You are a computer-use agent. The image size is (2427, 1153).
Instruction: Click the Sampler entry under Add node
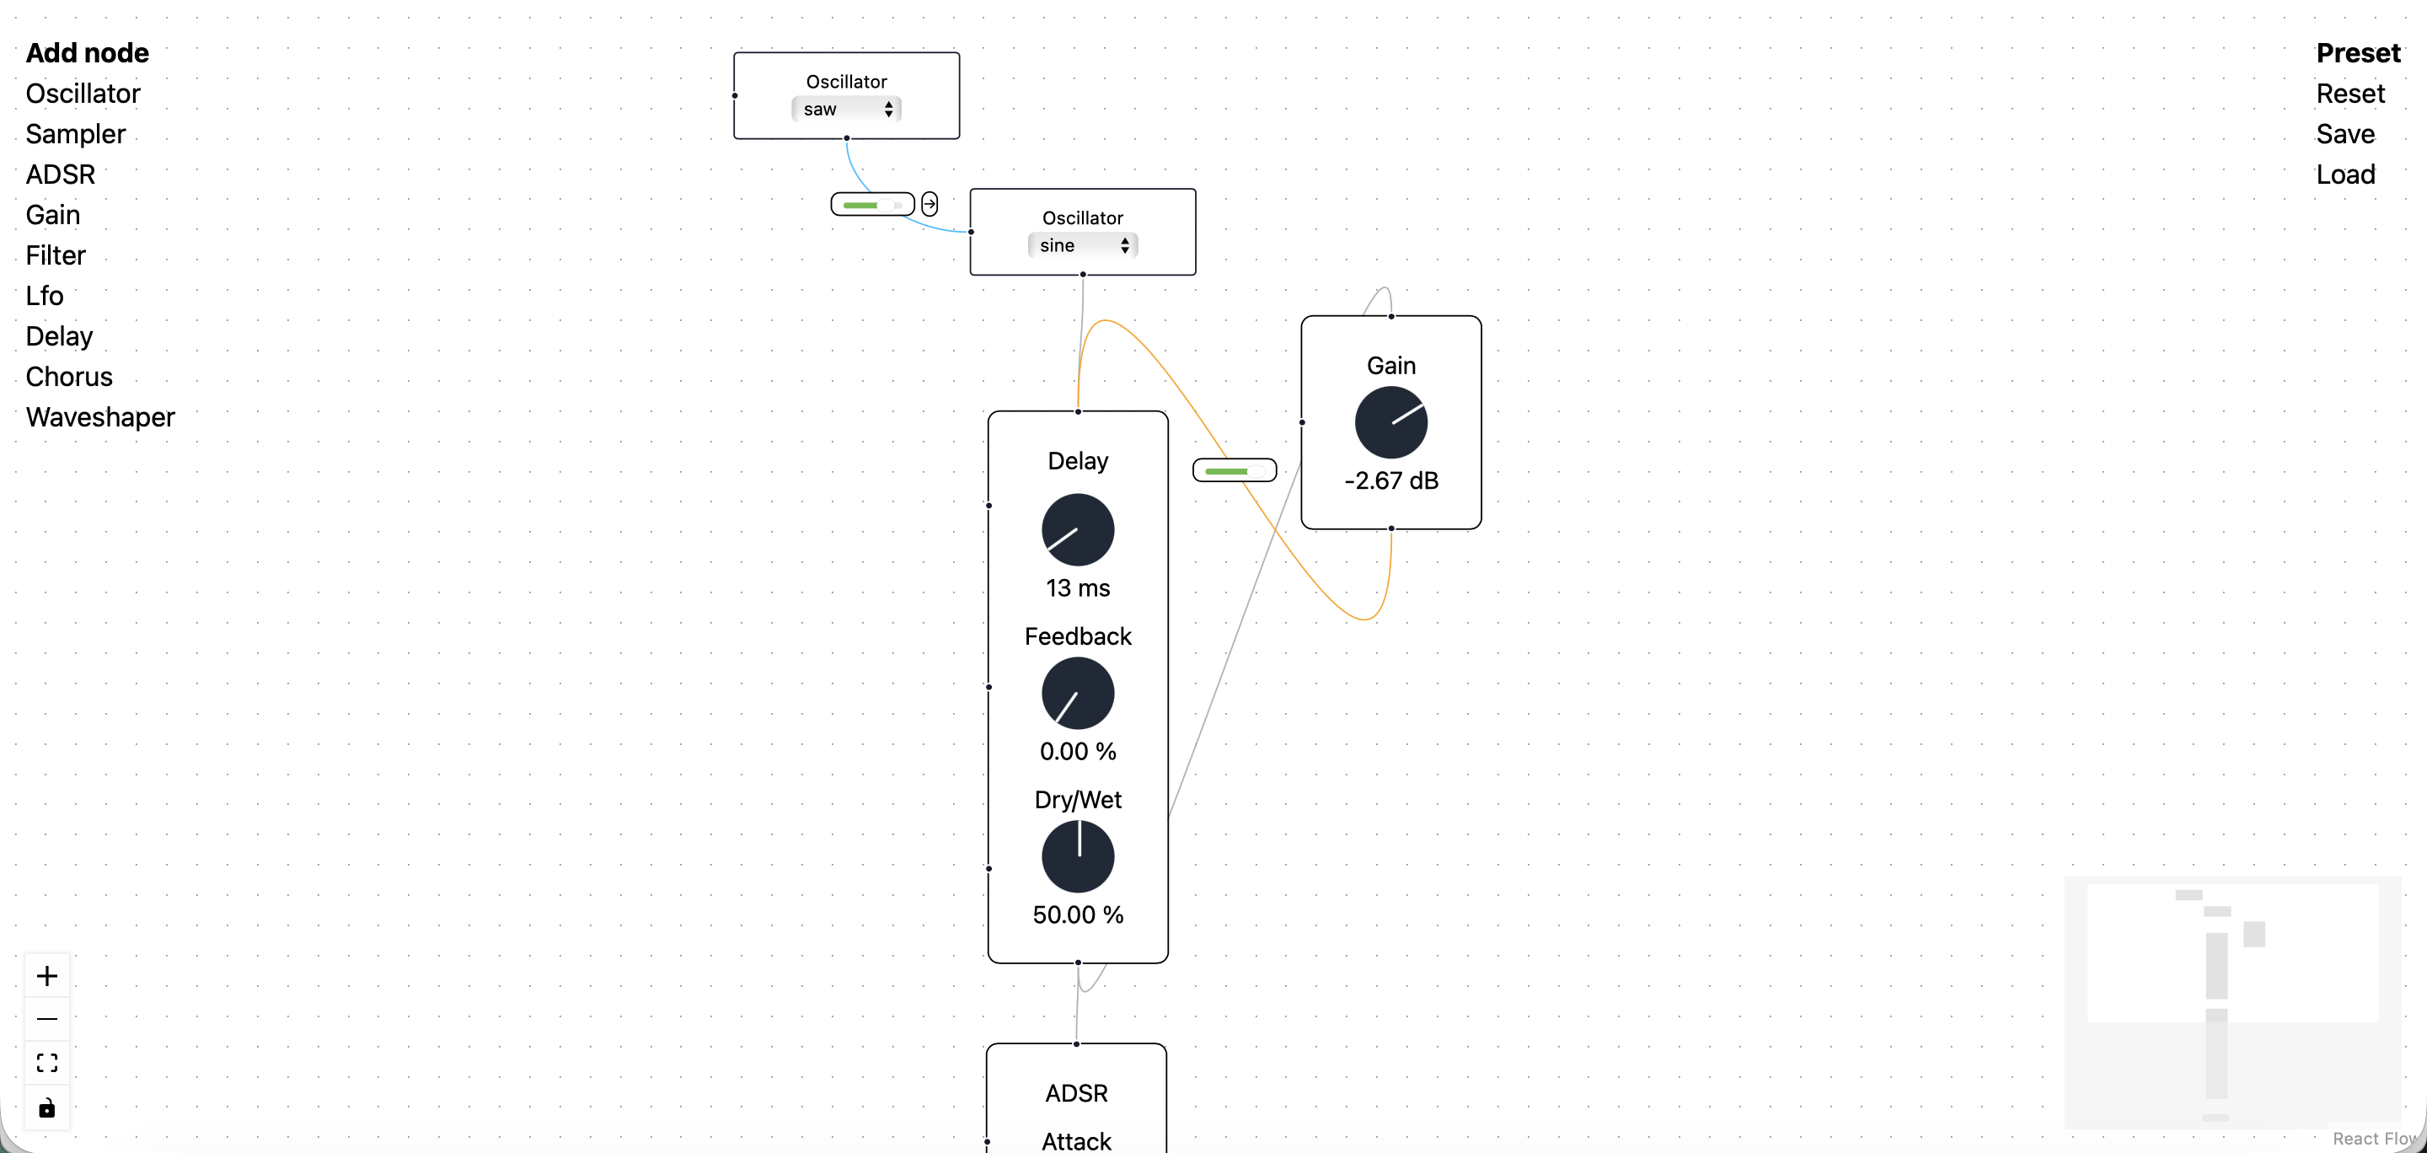[x=75, y=134]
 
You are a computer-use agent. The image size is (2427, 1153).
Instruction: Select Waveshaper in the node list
[x=100, y=417]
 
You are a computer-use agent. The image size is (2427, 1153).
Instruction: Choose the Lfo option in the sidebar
[x=45, y=296]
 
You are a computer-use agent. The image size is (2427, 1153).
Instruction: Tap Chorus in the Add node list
[x=69, y=377]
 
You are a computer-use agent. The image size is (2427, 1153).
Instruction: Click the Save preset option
[x=2345, y=134]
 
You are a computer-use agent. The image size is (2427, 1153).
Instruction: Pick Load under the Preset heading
[x=2345, y=174]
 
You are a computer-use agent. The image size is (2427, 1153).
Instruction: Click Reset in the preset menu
[x=2349, y=94]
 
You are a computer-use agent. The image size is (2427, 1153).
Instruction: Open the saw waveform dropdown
[x=846, y=110]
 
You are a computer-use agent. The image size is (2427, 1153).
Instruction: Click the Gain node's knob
[x=1390, y=422]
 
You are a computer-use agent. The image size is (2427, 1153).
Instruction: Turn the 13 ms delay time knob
[x=1078, y=529]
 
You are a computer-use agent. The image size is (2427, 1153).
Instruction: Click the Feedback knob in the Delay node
[x=1078, y=694]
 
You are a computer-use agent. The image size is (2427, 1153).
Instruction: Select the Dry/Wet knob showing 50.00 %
[x=1078, y=856]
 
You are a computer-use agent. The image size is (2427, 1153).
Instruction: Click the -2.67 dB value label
[x=1390, y=481]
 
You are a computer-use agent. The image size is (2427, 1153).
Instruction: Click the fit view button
[x=47, y=1063]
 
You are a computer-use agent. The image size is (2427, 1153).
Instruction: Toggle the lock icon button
[x=47, y=1107]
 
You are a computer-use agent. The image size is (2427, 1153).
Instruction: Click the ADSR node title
[x=1076, y=1092]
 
